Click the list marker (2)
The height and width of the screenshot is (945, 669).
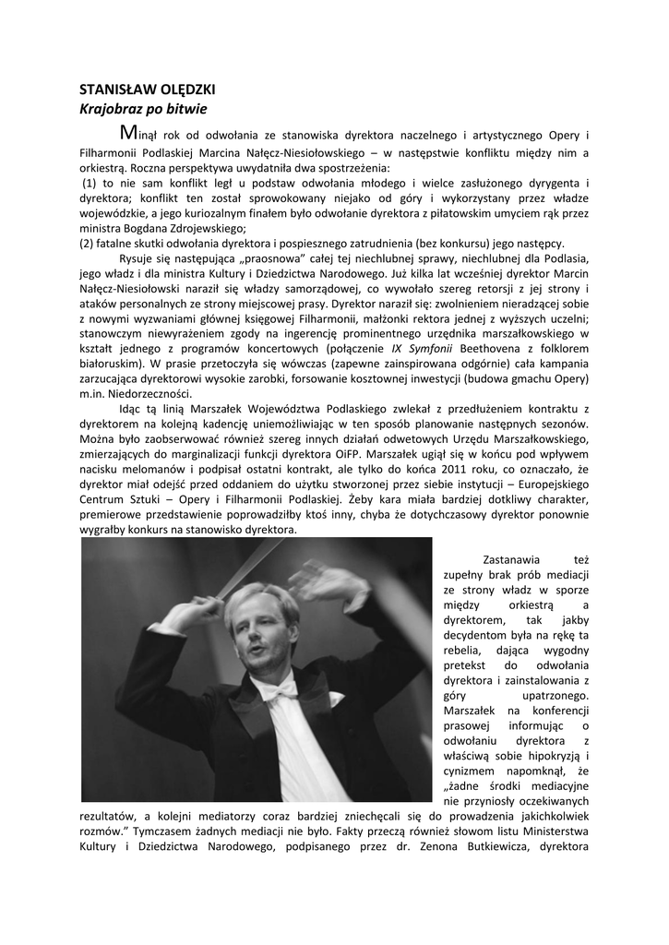click(88, 243)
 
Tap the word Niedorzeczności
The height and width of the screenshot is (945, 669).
click(166, 394)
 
